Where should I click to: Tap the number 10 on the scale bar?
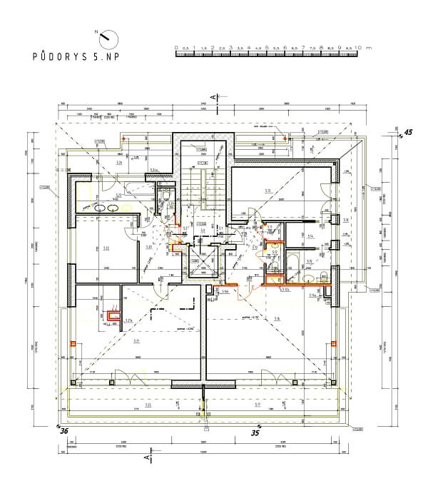point(358,47)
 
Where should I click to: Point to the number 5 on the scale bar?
point(267,47)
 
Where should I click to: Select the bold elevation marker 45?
point(409,132)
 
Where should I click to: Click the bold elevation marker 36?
point(63,430)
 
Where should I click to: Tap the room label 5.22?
point(106,248)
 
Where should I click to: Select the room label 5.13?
point(267,191)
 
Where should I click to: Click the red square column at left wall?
point(73,344)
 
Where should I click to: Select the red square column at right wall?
point(334,344)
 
